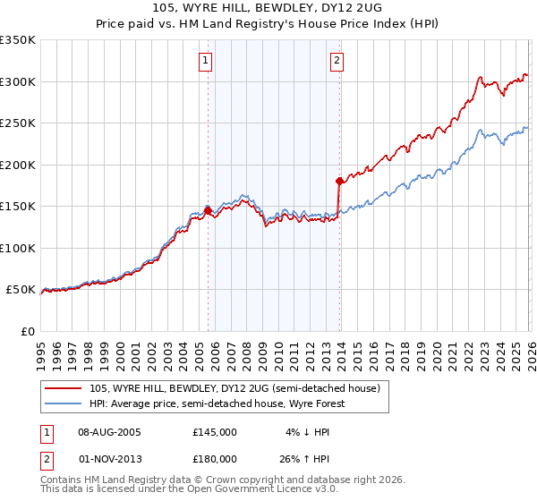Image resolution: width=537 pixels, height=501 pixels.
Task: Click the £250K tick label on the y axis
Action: coord(18,123)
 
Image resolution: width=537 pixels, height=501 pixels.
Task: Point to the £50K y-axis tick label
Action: coord(21,290)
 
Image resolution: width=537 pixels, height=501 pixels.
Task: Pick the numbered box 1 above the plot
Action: coord(206,61)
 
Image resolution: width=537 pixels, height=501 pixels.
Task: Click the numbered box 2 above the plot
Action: coord(337,61)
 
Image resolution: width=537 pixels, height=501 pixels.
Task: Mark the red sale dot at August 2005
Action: coord(208,211)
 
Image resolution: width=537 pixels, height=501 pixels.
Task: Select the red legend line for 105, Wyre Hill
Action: coord(64,388)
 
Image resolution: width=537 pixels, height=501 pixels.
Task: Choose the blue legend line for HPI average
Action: coord(64,403)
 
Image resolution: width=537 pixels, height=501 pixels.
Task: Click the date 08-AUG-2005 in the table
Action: coord(110,432)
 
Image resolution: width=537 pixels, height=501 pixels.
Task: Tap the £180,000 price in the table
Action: coord(215,458)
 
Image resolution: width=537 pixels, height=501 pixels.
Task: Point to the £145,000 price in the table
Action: coord(215,432)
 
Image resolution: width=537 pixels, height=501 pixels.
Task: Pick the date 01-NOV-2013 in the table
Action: coord(110,458)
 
